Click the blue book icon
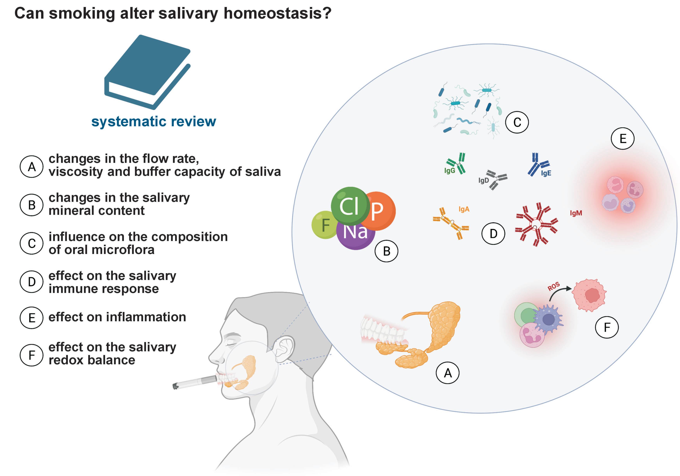(x=147, y=72)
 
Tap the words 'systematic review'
(x=154, y=121)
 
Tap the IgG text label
(x=450, y=171)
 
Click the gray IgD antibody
(x=496, y=180)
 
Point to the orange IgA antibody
(x=450, y=223)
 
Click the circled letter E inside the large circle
(x=623, y=138)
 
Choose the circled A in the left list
(x=32, y=167)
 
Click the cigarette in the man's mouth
(x=195, y=382)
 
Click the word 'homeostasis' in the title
(x=277, y=13)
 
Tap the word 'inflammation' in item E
(x=146, y=317)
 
